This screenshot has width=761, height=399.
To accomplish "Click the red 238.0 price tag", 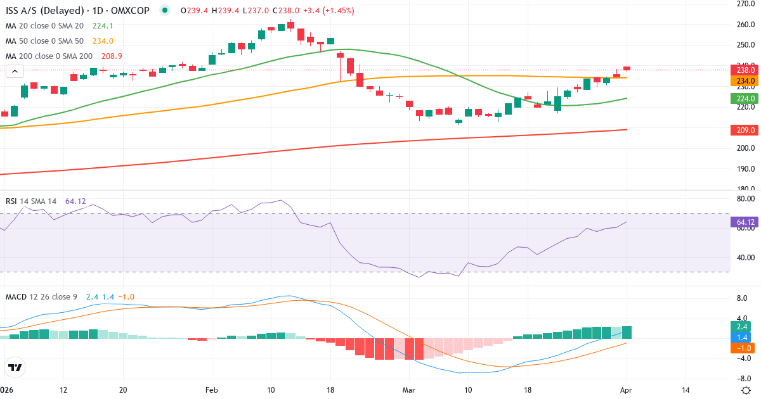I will pos(743,70).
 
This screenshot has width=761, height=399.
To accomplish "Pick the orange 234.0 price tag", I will pos(743,80).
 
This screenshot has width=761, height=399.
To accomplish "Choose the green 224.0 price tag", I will pos(743,99).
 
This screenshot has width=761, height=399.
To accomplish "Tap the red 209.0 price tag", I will pos(743,130).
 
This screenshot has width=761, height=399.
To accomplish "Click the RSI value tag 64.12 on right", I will pos(743,222).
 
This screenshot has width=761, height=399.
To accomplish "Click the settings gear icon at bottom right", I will pos(746,389).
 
